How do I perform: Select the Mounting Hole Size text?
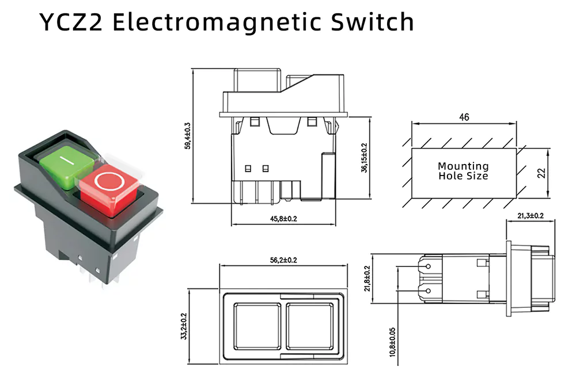[463, 171]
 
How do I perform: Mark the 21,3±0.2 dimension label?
[530, 216]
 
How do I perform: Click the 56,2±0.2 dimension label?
[283, 260]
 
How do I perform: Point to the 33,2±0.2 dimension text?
[184, 326]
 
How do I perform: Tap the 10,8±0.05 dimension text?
[393, 342]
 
